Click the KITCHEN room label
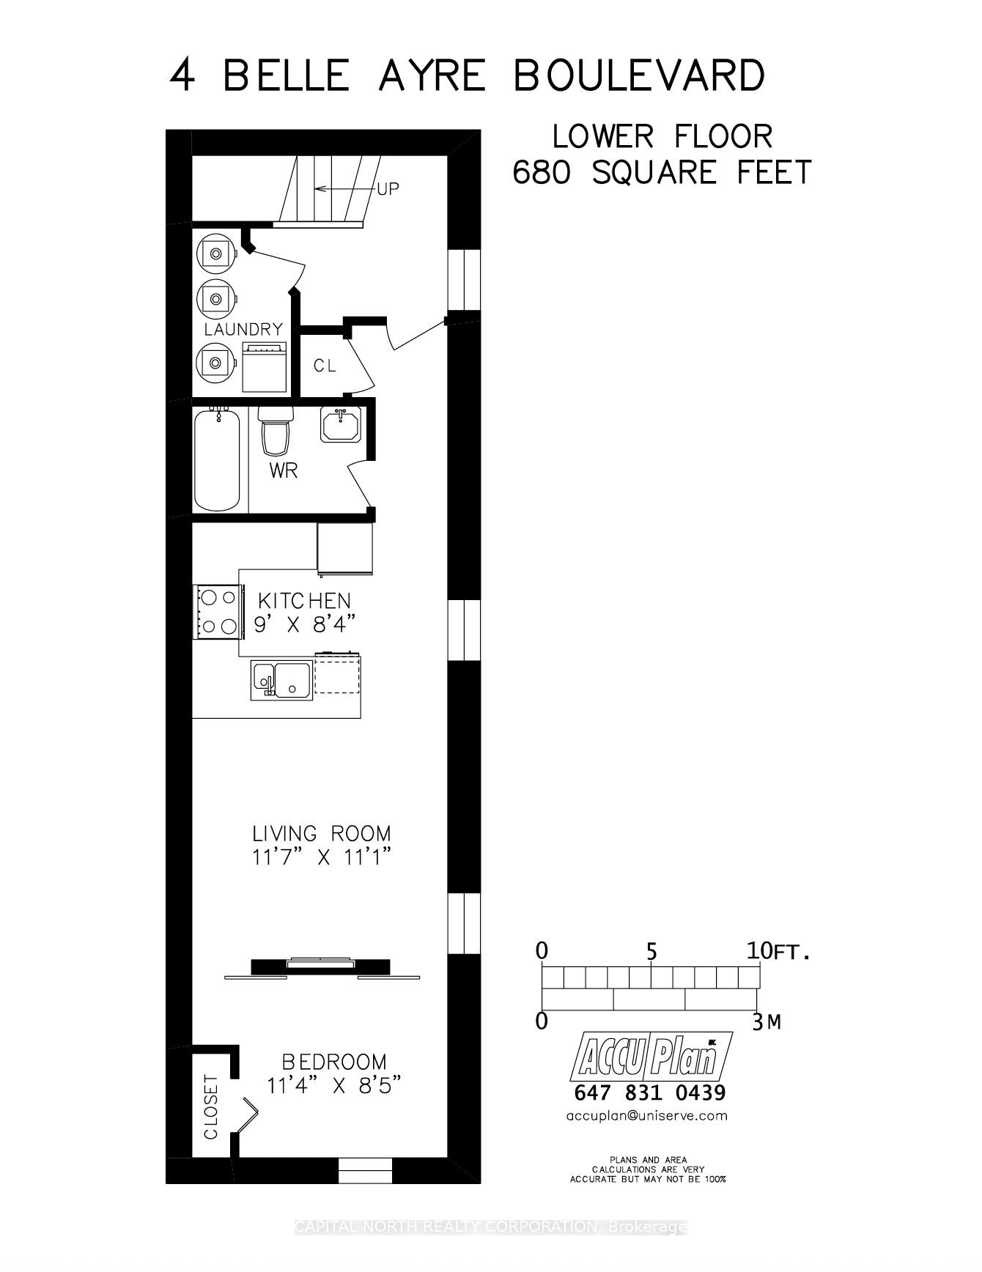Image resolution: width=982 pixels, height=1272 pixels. pyautogui.click(x=304, y=601)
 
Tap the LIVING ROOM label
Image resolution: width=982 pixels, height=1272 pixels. pyautogui.click(x=321, y=833)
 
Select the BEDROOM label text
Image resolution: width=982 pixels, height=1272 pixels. pyautogui.click(x=334, y=1062)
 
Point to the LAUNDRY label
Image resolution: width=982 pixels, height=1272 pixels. pyautogui.click(x=243, y=330)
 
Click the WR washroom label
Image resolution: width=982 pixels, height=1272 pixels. pyautogui.click(x=284, y=470)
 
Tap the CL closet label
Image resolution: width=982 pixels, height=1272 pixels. pyautogui.click(x=325, y=366)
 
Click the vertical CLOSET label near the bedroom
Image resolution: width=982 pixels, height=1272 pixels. pyautogui.click(x=211, y=1106)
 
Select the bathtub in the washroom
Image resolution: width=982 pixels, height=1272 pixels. pyautogui.click(x=217, y=460)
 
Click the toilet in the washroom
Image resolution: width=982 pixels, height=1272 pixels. pyautogui.click(x=276, y=435)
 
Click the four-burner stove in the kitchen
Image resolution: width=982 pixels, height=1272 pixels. pyautogui.click(x=218, y=611)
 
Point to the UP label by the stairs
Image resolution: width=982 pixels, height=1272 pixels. pyautogui.click(x=388, y=189)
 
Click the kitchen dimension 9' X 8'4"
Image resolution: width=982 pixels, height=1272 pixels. pyautogui.click(x=304, y=625)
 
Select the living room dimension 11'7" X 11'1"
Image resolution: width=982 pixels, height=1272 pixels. pyautogui.click(x=322, y=857)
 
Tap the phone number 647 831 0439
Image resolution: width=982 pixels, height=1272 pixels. pyautogui.click(x=650, y=1092)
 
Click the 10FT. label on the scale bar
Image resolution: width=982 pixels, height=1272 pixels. pyautogui.click(x=779, y=952)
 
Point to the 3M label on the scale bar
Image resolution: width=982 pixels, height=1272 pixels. pyautogui.click(x=767, y=1021)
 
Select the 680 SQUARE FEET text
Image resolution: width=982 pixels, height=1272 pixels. pyautogui.click(x=662, y=173)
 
